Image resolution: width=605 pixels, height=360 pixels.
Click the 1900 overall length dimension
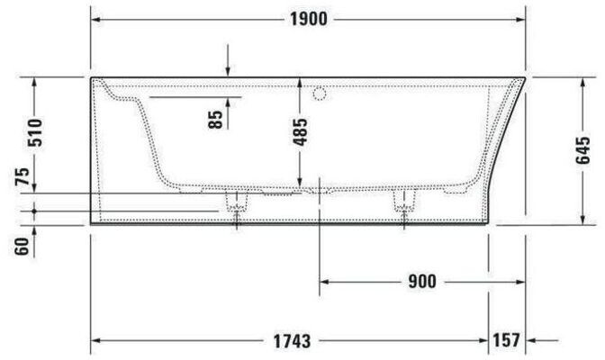coord(308,19)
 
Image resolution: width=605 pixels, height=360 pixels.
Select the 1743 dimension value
coord(292,341)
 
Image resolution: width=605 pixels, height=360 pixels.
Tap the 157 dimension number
coord(506,340)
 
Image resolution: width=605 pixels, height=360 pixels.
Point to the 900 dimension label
coord(422,282)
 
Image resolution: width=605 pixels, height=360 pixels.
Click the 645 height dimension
coord(583,150)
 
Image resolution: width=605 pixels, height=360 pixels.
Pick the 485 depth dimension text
coord(300,132)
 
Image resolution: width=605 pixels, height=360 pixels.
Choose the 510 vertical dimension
coord(36,132)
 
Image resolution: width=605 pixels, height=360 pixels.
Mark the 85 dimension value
coord(215,119)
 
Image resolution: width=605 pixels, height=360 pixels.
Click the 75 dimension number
coord(23,175)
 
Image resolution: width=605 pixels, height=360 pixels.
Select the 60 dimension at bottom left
coord(23,247)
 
